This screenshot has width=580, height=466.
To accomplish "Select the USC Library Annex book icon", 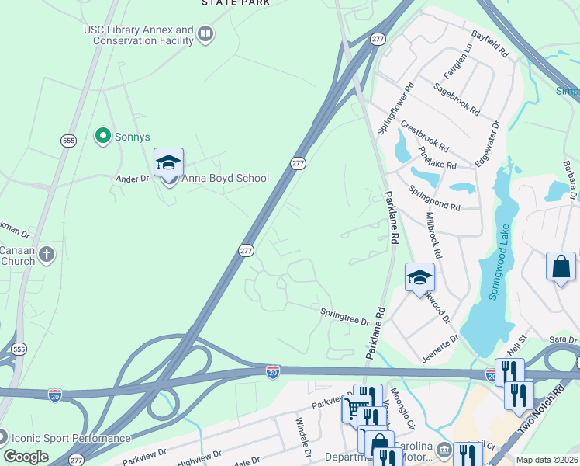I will pyautogui.click(x=205, y=34).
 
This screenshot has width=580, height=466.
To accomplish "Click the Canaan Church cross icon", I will pyautogui.click(x=47, y=254).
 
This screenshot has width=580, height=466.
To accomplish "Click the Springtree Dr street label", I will pyautogui.click(x=345, y=318).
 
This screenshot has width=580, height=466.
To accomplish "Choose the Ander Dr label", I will pyautogui.click(x=132, y=178).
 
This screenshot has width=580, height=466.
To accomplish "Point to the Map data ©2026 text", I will pyautogui.click(x=547, y=460).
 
